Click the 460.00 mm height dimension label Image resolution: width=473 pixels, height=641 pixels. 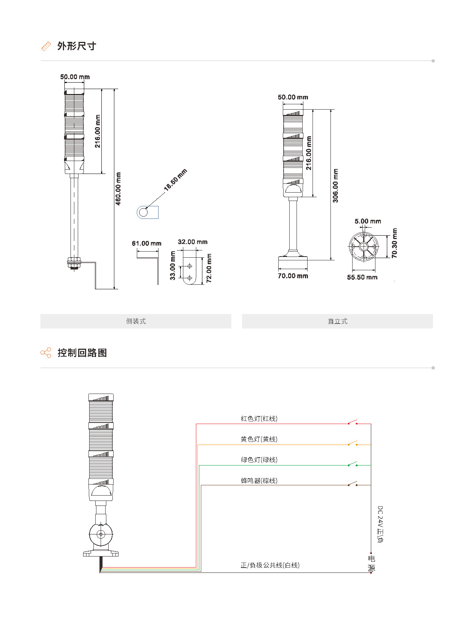pos(118,189)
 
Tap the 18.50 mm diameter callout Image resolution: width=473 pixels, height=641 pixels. pos(175,180)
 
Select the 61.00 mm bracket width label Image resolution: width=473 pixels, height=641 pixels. pos(147,244)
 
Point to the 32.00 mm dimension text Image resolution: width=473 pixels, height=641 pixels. pos(192,242)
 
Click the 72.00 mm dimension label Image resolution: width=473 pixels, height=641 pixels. pos(209,268)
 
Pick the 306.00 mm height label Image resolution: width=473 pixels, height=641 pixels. pos(335,186)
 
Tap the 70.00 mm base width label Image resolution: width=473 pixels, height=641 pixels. pos(293,276)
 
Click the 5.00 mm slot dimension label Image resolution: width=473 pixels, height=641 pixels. pos(368,221)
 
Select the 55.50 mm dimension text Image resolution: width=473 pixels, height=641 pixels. pos(362,277)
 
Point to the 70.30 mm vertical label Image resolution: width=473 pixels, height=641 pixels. pos(394,243)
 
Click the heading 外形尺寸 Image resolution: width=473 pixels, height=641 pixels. pos(77,46)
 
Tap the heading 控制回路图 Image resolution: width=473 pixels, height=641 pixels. pos(82,353)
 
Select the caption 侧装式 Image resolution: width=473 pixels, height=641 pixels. pos(136,321)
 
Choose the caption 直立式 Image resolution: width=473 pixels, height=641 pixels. pos(337,321)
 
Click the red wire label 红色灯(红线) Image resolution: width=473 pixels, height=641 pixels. pos(259,419)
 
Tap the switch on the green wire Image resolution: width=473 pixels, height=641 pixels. pos(353,464)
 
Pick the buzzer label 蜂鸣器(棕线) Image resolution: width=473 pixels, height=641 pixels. pos(259,481)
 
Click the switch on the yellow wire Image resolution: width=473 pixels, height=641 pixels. pos(353,443)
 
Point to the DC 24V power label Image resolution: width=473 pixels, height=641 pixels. pos(380,524)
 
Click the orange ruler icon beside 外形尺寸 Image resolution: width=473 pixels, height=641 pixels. pos(46,46)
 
